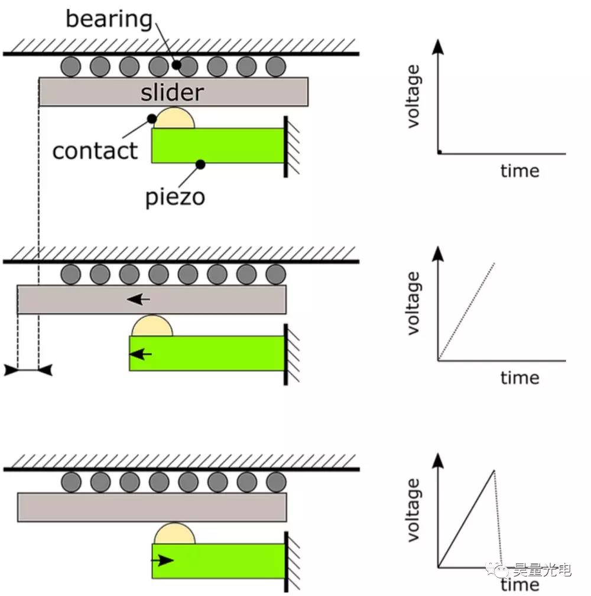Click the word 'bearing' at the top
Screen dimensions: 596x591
[109, 19]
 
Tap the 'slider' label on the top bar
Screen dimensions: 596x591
[172, 92]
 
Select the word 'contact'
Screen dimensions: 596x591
[95, 151]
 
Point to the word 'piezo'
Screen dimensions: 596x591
[175, 196]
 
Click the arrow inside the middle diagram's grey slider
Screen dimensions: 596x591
[138, 299]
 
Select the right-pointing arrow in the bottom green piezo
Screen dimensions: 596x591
[163, 560]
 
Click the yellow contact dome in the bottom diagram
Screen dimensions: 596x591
[174, 535]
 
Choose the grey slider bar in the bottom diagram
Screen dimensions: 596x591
[152, 507]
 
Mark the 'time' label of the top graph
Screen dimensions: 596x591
[519, 171]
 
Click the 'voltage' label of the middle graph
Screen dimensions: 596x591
[413, 303]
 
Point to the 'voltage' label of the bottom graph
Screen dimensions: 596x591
[413, 510]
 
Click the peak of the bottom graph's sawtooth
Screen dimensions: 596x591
[493, 471]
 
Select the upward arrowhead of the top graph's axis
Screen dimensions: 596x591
[438, 47]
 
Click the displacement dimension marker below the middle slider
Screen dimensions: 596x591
[28, 370]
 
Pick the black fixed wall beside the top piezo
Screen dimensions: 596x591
[285, 146]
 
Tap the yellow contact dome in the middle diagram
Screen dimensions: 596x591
[152, 327]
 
